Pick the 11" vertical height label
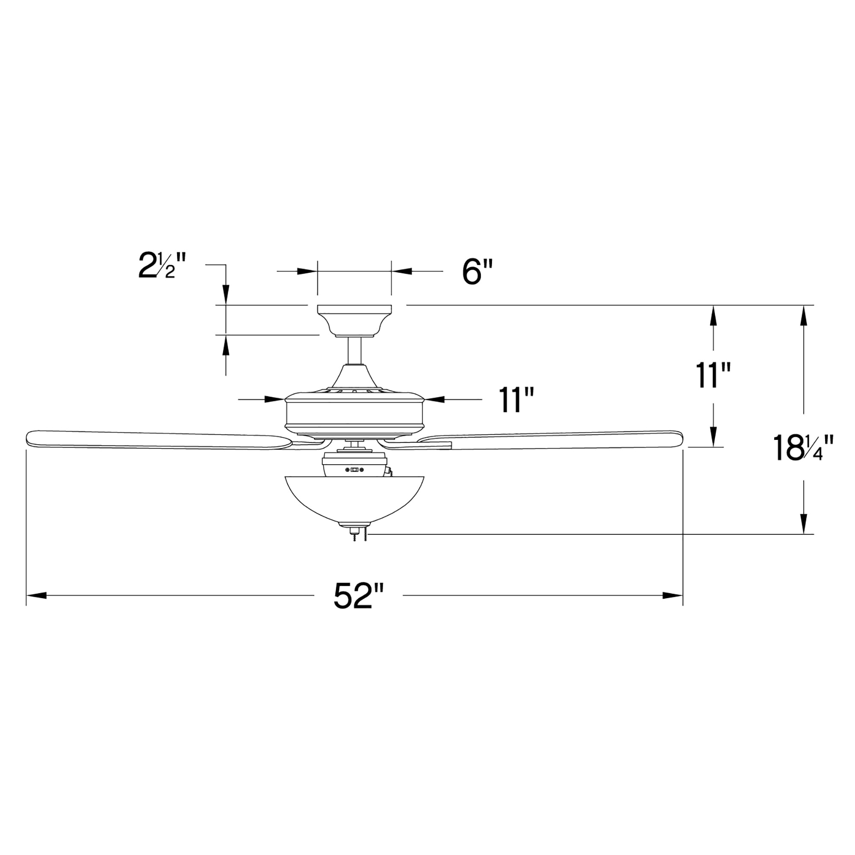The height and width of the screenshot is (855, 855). pyautogui.click(x=713, y=375)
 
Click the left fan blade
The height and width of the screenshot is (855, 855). pyautogui.click(x=155, y=440)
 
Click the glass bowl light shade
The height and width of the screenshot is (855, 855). pyautogui.click(x=354, y=498)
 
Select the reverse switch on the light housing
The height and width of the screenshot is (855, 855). pyautogui.click(x=354, y=470)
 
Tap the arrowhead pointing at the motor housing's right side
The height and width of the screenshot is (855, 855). pyautogui.click(x=433, y=399)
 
